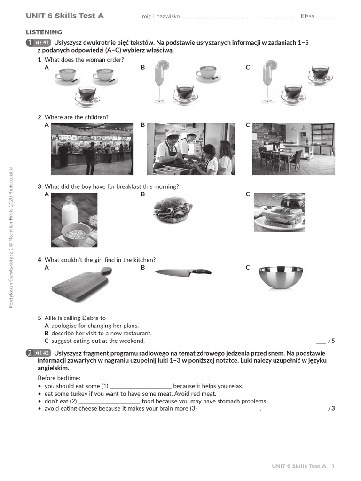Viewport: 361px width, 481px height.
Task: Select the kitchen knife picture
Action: point(183,272)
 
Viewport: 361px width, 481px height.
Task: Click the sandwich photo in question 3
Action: point(173,209)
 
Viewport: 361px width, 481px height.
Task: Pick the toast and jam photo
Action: point(279,212)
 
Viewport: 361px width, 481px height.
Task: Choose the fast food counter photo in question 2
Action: point(92,149)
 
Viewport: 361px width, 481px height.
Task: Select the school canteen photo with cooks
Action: point(190,149)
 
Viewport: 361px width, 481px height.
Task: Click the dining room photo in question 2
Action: point(293,149)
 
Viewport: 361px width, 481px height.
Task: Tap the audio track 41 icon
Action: point(42,43)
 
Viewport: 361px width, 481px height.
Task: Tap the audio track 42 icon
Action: point(42,353)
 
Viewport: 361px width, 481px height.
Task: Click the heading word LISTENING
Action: point(44,32)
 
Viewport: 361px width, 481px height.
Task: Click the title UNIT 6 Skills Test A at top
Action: point(64,16)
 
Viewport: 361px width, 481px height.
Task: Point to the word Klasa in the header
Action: point(307,16)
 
